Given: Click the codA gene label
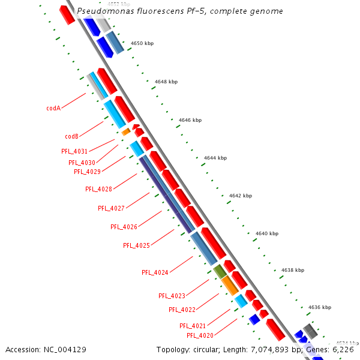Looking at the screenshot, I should coord(53,109).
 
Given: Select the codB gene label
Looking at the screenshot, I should coord(72,136).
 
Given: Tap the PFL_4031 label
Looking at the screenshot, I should coord(74,151).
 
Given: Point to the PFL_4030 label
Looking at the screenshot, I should coord(82,163).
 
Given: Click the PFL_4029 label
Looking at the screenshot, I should coord(87,172).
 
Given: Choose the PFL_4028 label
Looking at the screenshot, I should coord(98,189).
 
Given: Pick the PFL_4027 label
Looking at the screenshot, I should coord(111,208).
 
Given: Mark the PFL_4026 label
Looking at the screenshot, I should coord(124,227).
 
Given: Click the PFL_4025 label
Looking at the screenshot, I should coord(136,245).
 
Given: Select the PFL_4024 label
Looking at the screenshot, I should coord(155,272).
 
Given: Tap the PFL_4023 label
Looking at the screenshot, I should coord(172,296).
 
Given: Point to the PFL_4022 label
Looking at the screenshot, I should coord(182,310).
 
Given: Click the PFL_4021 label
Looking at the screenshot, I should coord(193,326).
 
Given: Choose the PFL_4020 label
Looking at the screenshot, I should coord(200,335).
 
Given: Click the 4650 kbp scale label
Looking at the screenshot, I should coord(142,43).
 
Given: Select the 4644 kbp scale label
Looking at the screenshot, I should coord(215,158).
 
